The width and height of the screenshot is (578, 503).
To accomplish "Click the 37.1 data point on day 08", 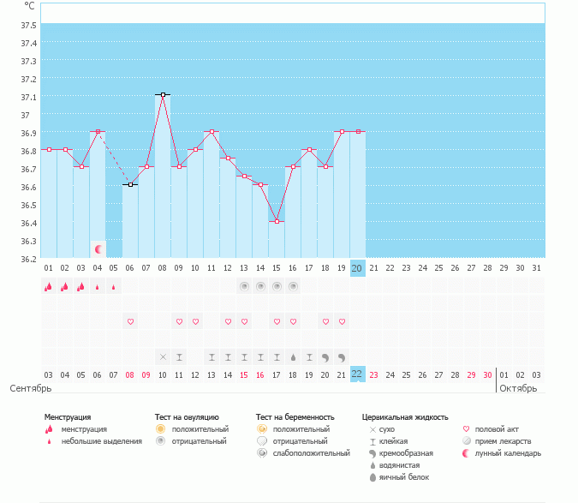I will click(163, 94).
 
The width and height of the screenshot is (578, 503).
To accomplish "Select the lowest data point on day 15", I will click(277, 221).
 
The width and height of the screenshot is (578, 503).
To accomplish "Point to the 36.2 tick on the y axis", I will click(29, 259).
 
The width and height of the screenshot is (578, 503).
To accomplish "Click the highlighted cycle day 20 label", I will click(357, 268).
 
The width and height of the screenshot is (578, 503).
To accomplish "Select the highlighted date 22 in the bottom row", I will click(357, 374).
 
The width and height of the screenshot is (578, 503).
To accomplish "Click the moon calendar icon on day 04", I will click(98, 249).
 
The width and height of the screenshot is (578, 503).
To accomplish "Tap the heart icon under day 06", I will click(130, 321).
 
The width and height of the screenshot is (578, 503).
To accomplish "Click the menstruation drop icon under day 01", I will click(49, 286).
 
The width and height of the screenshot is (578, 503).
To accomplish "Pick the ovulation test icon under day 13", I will click(244, 286).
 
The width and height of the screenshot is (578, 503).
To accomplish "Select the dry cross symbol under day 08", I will click(163, 356).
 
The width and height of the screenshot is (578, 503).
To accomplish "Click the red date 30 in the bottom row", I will click(487, 374).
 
